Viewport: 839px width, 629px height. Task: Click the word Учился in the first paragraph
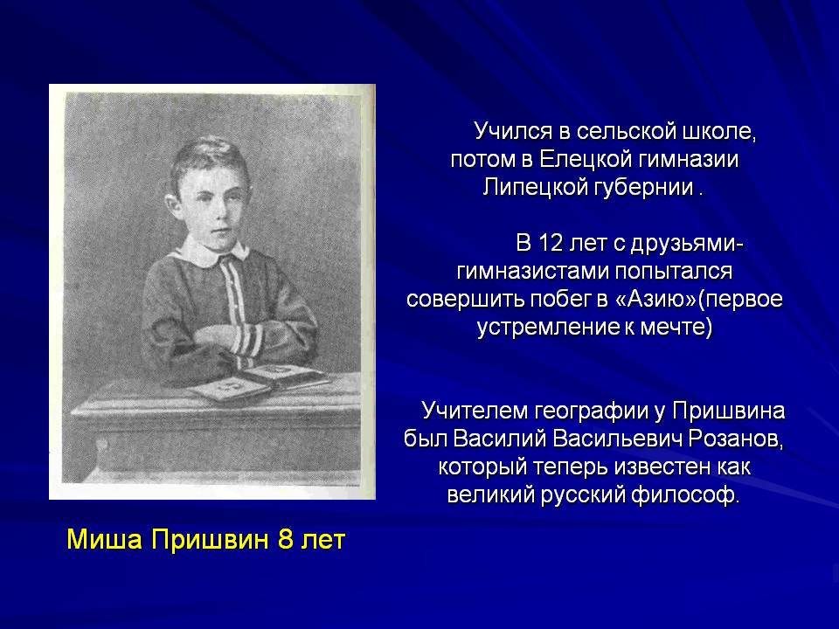pos(505,132)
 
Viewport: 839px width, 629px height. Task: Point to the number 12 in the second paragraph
pos(551,244)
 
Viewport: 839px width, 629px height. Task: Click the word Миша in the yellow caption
pos(105,539)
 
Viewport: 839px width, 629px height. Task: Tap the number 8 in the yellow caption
pos(286,539)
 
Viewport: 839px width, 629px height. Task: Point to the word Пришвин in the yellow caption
pos(209,539)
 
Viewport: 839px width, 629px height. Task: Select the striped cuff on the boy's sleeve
pos(249,342)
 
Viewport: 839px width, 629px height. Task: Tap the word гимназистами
pos(532,272)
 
